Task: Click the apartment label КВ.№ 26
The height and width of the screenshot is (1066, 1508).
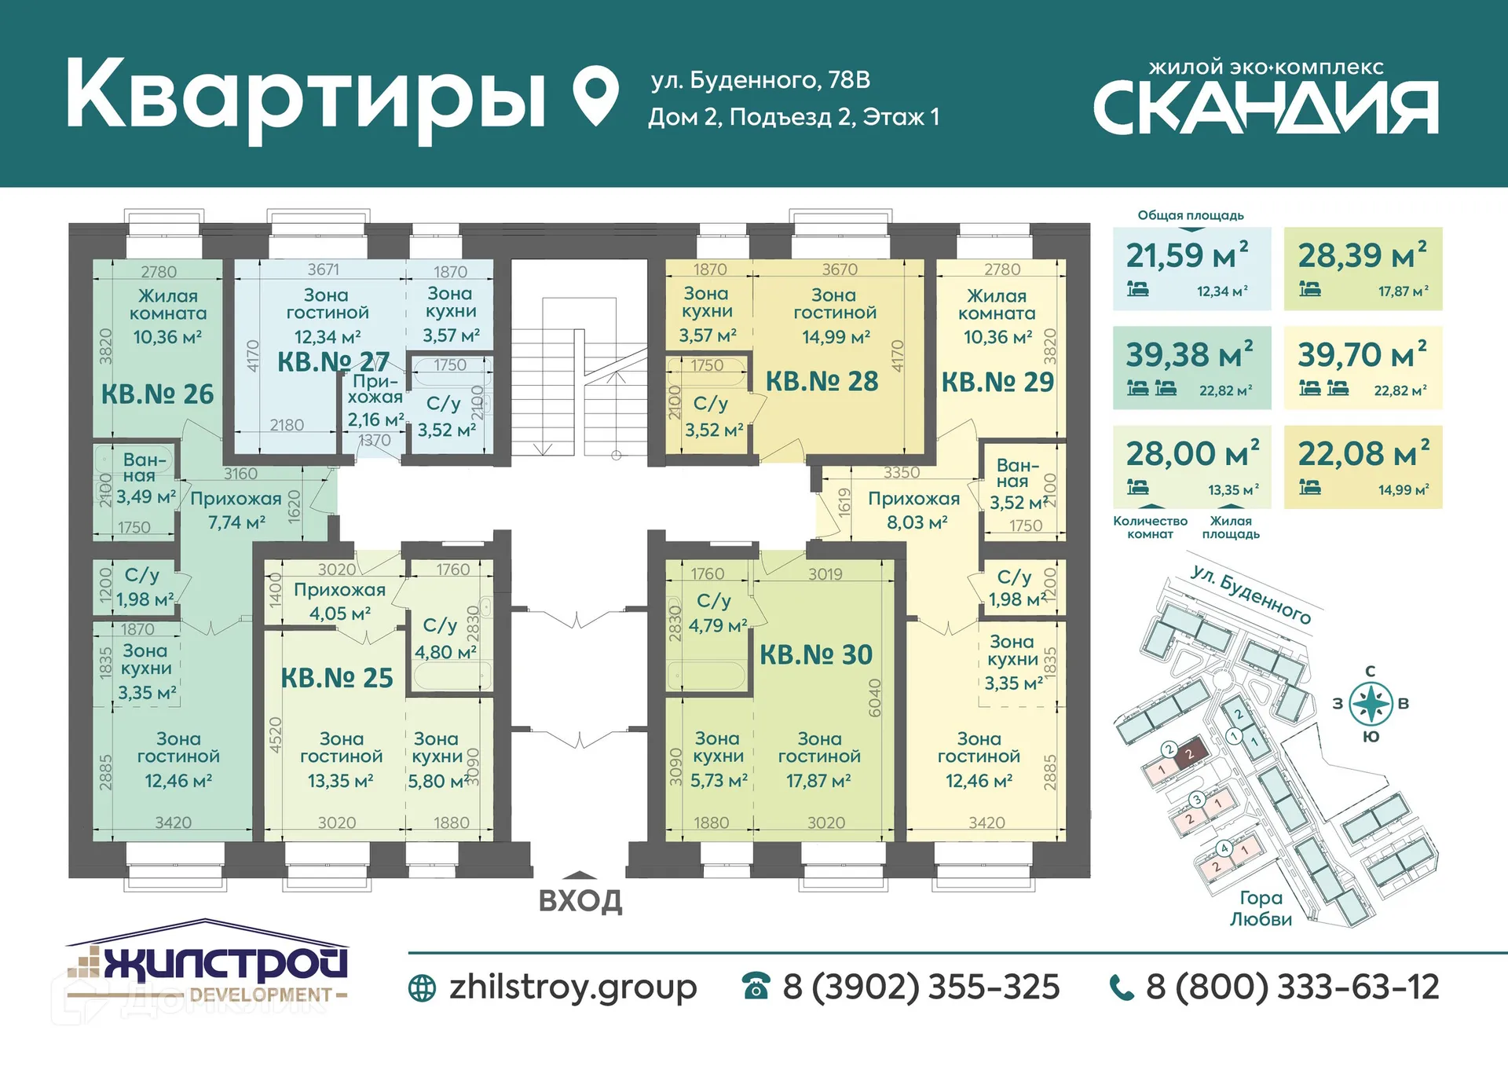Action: pyautogui.click(x=157, y=394)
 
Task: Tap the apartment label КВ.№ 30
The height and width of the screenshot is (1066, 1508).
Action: pyautogui.click(x=815, y=654)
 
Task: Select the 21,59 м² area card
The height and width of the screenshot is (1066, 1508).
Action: pyautogui.click(x=1191, y=269)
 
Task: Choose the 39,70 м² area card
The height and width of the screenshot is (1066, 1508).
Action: pyautogui.click(x=1362, y=367)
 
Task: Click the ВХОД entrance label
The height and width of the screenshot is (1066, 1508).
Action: pyautogui.click(x=580, y=900)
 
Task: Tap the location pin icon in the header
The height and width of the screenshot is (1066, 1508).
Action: pyautogui.click(x=595, y=94)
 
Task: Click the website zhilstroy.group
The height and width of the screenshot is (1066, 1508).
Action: pyautogui.click(x=572, y=987)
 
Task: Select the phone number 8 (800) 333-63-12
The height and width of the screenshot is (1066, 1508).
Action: pyautogui.click(x=1291, y=987)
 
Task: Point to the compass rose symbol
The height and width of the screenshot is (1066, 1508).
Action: pyautogui.click(x=1371, y=704)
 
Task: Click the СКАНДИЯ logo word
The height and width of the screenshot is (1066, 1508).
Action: pyautogui.click(x=1265, y=108)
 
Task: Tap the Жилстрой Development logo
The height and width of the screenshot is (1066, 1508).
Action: pyautogui.click(x=207, y=965)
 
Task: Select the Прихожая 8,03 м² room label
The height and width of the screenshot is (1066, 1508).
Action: pyautogui.click(x=913, y=510)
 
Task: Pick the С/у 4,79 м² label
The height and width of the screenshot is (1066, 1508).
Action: pyautogui.click(x=717, y=613)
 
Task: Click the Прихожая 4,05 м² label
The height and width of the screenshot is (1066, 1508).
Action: pyautogui.click(x=339, y=601)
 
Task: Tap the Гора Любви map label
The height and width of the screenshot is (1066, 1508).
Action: pyautogui.click(x=1260, y=908)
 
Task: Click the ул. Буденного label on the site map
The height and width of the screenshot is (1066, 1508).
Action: pyautogui.click(x=1250, y=595)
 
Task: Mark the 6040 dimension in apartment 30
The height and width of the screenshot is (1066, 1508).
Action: pyautogui.click(x=875, y=698)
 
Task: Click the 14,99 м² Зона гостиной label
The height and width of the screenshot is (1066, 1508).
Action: pyautogui.click(x=834, y=315)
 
